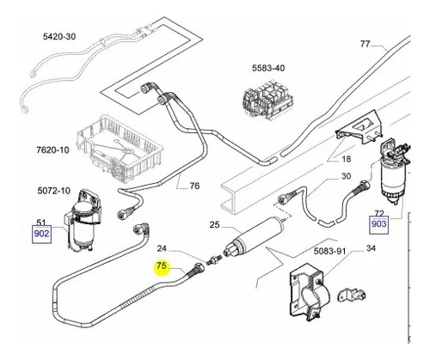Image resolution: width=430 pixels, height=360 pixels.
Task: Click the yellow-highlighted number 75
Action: [162, 266]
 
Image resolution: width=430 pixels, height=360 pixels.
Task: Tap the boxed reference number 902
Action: [41, 234]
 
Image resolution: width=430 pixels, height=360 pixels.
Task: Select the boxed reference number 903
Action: [378, 223]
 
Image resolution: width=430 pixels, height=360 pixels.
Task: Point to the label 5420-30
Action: [59, 36]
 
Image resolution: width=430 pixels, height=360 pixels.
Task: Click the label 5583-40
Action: [268, 68]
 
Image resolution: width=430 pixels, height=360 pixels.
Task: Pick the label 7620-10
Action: [53, 149]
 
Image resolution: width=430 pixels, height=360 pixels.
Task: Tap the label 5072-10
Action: [54, 191]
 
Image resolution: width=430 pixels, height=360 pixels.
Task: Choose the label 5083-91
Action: [330, 251]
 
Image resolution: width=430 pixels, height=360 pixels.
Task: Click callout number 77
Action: [365, 44]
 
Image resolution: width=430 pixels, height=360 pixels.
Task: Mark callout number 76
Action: [194, 186]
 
